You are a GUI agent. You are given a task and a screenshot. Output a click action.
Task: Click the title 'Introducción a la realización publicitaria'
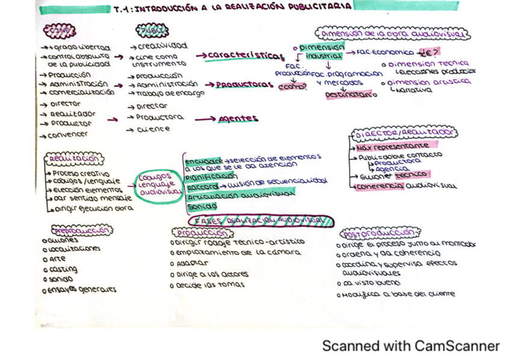[x=232, y=8]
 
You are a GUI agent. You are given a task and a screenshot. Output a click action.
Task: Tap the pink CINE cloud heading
[x=59, y=31]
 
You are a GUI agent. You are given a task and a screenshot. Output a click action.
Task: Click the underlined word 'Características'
[x=244, y=56]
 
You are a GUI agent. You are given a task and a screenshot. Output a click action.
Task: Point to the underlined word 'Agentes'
[x=238, y=118]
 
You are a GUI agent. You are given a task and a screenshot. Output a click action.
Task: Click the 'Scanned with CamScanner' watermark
[x=411, y=346]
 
